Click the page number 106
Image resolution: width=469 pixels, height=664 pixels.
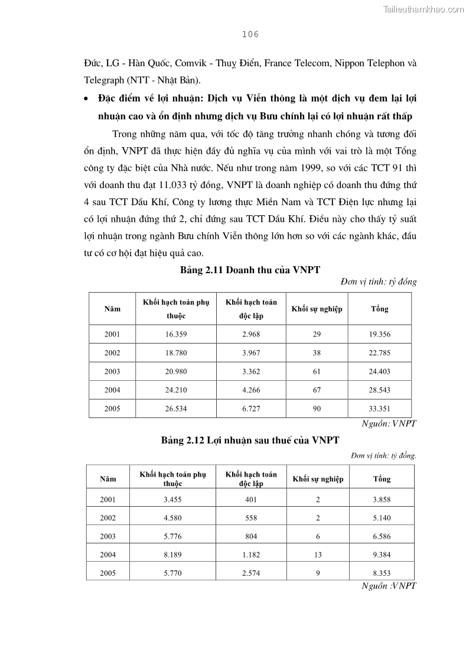pyautogui.click(x=251, y=34)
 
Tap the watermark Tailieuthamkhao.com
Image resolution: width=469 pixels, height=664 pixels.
pyautogui.click(x=424, y=9)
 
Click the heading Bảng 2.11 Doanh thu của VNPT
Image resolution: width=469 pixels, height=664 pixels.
pyautogui.click(x=250, y=270)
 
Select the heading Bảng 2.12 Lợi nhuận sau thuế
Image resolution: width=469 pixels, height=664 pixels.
pyautogui.click(x=250, y=440)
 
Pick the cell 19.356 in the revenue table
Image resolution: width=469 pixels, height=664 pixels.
pyautogui.click(x=380, y=334)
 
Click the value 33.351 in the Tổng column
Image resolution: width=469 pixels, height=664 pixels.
pyautogui.click(x=380, y=409)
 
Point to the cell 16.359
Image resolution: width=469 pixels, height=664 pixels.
pyautogui.click(x=176, y=334)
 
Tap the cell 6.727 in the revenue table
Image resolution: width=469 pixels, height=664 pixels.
pyautogui.click(x=251, y=409)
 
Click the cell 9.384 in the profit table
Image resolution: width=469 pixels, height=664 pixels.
pyautogui.click(x=382, y=555)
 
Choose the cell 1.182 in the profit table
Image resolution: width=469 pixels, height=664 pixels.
pyautogui.click(x=251, y=555)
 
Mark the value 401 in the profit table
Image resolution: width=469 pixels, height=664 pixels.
pyautogui.click(x=251, y=500)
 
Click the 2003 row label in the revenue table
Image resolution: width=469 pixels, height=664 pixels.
pyautogui.click(x=112, y=371)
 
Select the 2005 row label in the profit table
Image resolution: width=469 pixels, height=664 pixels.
pyautogui.click(x=108, y=573)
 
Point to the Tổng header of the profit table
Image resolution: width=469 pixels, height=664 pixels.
pyautogui.click(x=382, y=479)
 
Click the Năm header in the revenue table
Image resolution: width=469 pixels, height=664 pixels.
pyautogui.click(x=112, y=309)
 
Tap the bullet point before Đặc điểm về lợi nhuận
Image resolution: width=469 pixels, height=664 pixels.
pyautogui.click(x=87, y=98)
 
